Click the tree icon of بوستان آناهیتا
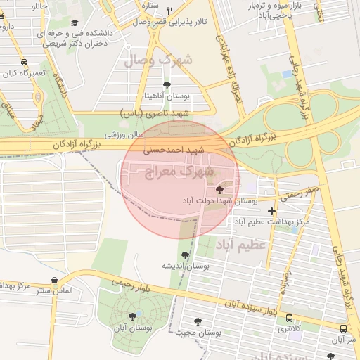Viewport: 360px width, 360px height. click(167, 85)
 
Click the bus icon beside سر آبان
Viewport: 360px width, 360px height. click(343, 328)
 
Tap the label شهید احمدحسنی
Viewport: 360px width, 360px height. click(173, 150)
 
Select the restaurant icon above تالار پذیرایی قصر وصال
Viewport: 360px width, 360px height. click(170, 11)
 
